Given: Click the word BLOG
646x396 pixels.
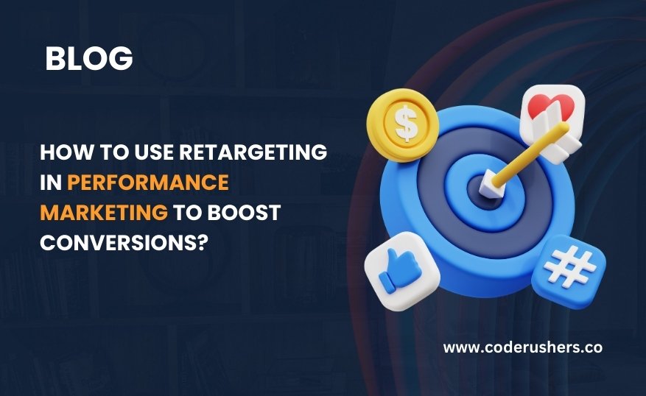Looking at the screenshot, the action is click(89, 58).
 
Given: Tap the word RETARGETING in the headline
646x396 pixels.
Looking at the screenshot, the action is click(253, 152).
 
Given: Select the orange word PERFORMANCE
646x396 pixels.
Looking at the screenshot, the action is click(148, 183).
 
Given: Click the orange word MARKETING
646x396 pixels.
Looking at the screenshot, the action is click(104, 213).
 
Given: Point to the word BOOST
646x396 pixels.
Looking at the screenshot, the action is click(244, 213).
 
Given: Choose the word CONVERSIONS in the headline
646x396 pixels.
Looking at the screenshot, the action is click(118, 242).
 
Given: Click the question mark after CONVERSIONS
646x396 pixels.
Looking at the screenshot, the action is click(200, 242).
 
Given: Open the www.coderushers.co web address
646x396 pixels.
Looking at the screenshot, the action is click(523, 347).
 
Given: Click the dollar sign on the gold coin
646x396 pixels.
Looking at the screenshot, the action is click(406, 123).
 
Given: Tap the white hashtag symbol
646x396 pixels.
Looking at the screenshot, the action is click(570, 269).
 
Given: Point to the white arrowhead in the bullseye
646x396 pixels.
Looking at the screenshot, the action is click(491, 186).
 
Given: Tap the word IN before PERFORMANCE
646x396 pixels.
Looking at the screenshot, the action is click(51, 183).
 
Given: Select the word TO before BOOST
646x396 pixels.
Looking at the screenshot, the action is click(187, 213).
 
